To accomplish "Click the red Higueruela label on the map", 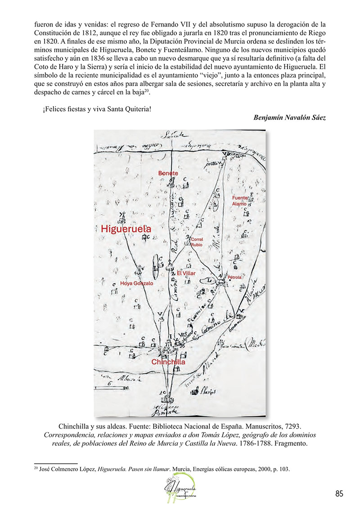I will tap(126, 229).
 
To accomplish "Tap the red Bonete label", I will tap(167, 173).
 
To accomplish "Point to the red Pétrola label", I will tap(234, 277).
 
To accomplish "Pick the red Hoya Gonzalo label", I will tap(136, 284).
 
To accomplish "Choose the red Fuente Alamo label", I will tap(240, 201).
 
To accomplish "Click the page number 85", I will tap(339, 494).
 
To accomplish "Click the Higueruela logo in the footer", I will tap(180, 489).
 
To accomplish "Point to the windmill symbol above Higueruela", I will tap(121, 216).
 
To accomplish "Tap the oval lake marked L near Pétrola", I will tap(209, 280).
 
